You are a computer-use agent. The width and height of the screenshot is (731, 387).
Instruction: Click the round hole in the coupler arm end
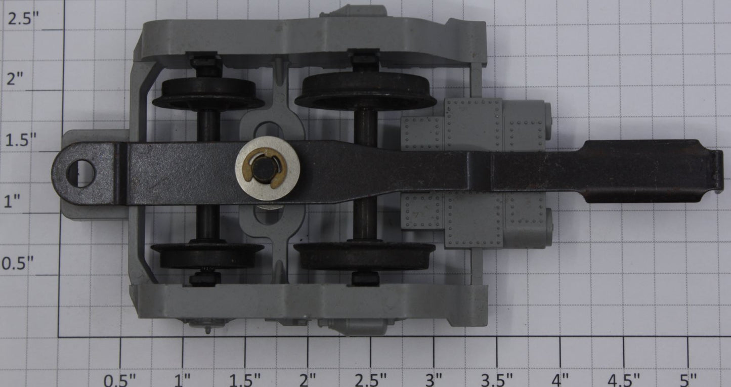coord(80,173)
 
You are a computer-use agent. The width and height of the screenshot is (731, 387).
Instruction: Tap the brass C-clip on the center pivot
coord(265,168)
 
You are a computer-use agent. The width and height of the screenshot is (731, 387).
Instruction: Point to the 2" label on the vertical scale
coord(15,79)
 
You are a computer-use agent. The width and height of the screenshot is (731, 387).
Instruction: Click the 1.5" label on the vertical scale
coord(21,140)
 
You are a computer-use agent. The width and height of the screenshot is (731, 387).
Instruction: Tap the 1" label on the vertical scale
coord(12,201)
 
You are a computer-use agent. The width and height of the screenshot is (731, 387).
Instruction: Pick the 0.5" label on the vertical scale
coord(18,263)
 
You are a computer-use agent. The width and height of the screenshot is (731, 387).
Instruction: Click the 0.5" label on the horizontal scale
coord(119,380)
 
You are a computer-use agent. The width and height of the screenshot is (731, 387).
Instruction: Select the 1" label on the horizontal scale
coord(183,380)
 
